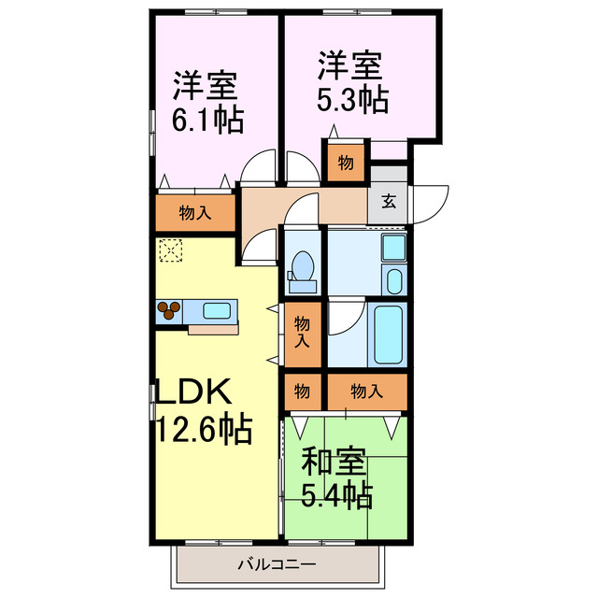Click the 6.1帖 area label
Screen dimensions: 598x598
tap(207, 120)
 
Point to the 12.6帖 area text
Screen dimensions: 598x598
tap(202, 431)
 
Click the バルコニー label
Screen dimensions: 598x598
tap(277, 564)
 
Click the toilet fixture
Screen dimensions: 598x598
tap(302, 263)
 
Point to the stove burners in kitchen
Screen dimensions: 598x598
tap(169, 310)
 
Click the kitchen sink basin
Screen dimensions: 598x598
tap(218, 310)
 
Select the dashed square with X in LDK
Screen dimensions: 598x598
tap(170, 250)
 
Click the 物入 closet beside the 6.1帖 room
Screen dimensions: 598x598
tap(194, 213)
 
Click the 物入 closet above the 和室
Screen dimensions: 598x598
tap(366, 391)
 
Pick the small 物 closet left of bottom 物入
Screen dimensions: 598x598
tap(303, 391)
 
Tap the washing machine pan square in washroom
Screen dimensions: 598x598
tap(393, 249)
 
